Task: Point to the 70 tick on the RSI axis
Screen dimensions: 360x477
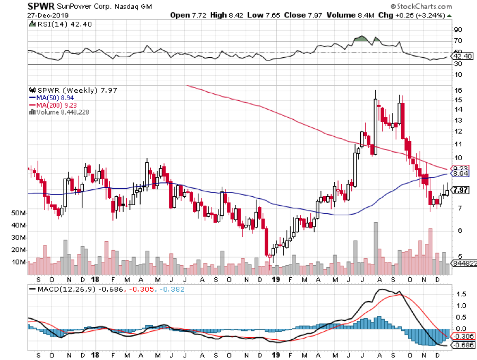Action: pos(456,41)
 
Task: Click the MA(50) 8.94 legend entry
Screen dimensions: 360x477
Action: pos(52,98)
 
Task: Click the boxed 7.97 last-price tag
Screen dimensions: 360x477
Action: pos(461,190)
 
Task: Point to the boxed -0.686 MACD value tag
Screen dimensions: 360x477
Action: pos(462,345)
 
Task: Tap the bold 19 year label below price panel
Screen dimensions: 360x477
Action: pos(275,279)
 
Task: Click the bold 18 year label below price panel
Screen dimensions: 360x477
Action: pos(95,279)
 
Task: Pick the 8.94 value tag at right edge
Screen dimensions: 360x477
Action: pos(459,173)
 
